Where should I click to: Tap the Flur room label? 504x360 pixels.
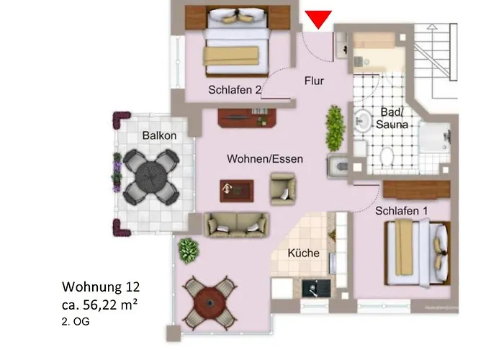click(314, 81)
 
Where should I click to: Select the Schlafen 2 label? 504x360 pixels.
click(234, 91)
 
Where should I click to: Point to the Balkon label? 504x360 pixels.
click(159, 135)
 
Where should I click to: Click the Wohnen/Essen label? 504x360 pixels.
click(265, 158)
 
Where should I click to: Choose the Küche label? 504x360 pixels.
click(303, 253)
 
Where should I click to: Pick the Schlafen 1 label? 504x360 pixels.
click(400, 211)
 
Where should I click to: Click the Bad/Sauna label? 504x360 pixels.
click(394, 118)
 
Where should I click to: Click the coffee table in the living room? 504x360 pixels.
click(238, 190)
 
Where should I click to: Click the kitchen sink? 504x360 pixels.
click(315, 289)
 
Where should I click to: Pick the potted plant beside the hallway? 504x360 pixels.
click(335, 127)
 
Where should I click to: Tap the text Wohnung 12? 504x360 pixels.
click(96, 289)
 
